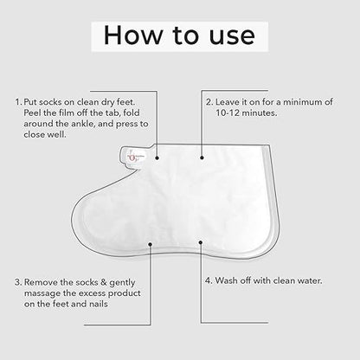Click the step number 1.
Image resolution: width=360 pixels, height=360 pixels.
[x=16, y=102]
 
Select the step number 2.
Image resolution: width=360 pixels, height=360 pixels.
[x=209, y=102]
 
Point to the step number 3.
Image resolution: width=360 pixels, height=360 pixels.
[x=17, y=281]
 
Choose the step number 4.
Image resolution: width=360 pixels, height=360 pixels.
[x=208, y=281]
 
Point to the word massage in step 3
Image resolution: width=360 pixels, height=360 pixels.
[x=47, y=293]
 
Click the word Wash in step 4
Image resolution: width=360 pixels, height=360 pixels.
[x=229, y=281]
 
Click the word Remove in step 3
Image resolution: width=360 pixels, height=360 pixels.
[x=43, y=281]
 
